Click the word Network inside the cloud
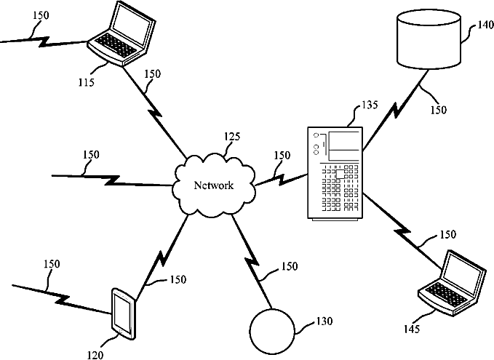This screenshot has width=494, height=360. coord(214,185)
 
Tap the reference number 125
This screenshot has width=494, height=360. coord(232,137)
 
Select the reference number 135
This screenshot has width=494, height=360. coord(370,105)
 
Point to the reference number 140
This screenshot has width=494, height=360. coord(485,25)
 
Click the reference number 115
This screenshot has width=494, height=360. coord(87,82)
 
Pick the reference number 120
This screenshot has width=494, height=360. coord(95,355)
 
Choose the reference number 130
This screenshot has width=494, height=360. coord(324,321)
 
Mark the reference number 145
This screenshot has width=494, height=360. coord(412,329)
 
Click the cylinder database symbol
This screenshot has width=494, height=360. coord(429,39)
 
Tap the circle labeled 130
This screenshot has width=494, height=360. coord(272,332)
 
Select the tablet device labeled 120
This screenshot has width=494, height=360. coord(124,313)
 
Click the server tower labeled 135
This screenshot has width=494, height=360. coord(335,173)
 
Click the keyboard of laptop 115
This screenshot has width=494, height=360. coord(116,44)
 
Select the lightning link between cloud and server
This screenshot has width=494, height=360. coord(281,179)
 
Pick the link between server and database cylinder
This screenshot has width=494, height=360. coord(396,111)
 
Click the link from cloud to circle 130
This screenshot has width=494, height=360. coord(252,261)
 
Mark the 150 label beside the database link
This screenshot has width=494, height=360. coord(439,110)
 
